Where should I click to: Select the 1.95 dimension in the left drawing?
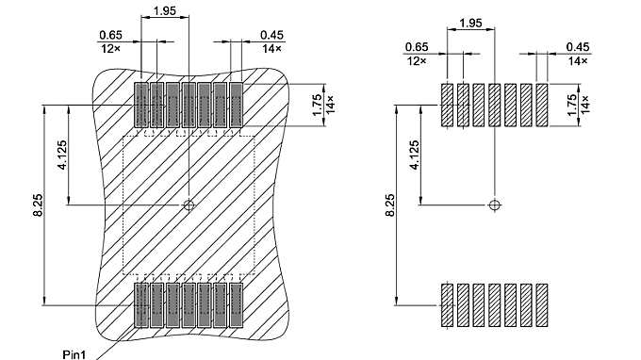click(164, 9)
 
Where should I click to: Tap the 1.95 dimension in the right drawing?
click(471, 22)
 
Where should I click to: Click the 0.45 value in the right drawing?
click(577, 47)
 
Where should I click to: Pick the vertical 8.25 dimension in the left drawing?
click(36, 205)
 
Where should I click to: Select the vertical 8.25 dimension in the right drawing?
click(390, 205)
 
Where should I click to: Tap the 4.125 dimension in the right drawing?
click(415, 154)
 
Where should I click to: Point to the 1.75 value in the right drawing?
click(572, 104)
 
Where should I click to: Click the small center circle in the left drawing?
click(189, 205)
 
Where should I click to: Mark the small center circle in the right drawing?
click(494, 205)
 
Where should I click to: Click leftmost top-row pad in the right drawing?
click(447, 105)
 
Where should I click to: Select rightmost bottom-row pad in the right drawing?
click(542, 305)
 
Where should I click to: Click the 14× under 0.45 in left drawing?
click(271, 48)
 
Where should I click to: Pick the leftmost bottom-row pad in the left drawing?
click(141, 304)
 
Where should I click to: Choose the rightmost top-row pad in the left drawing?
click(237, 105)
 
